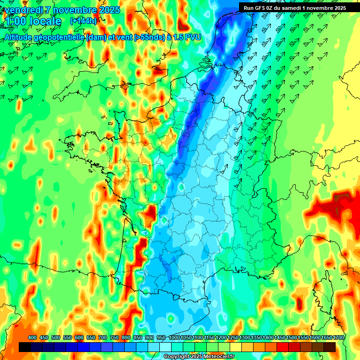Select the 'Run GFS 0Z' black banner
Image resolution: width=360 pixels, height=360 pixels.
point(294,7)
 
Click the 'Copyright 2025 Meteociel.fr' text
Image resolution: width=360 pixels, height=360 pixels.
point(198,357)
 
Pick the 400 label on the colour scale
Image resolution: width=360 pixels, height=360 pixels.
point(32,338)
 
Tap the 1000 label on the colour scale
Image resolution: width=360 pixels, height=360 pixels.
point(174,338)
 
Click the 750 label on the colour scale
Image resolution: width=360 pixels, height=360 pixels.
point(114,338)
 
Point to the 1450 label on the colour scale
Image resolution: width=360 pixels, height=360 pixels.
point(280,338)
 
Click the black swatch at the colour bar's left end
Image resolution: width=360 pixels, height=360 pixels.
point(25,347)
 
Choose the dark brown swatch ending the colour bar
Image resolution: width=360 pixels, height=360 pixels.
point(330,347)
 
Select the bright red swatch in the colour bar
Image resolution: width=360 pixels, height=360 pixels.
point(283,347)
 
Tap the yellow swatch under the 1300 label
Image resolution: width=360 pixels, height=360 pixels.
point(247,347)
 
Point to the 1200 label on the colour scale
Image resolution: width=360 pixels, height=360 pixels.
point(221,338)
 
